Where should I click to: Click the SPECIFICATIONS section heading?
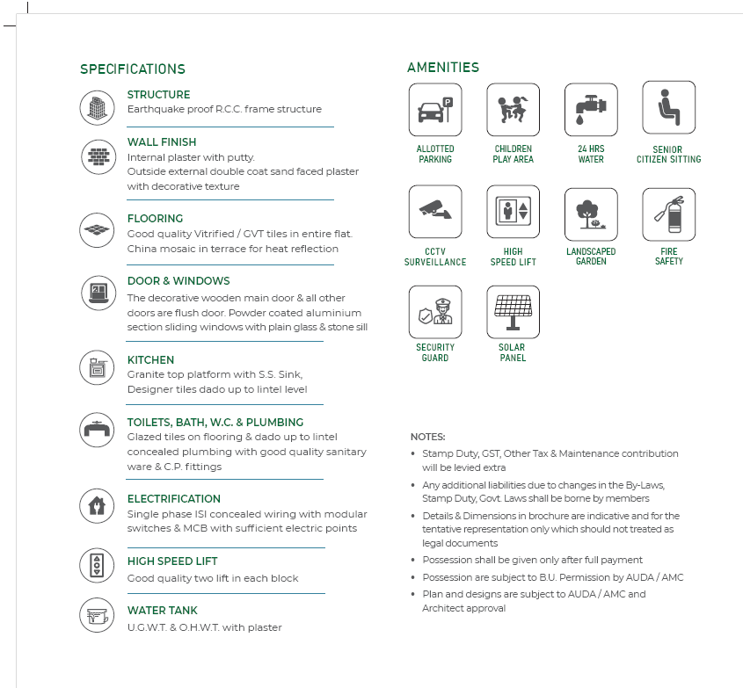133,69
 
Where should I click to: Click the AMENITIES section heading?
443,68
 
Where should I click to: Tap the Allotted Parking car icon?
435,108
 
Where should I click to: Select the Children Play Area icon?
514,108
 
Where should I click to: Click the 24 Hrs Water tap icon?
591,108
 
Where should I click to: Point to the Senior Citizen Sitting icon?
668,108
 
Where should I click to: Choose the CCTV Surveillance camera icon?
435,212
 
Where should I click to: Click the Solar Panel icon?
514,312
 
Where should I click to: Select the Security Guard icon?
435,312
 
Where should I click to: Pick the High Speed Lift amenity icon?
514,212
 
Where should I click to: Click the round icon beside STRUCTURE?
96,108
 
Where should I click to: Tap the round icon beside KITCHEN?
96,366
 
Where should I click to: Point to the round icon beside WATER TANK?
96,615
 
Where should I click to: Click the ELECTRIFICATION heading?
174,499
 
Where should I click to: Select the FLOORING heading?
155,219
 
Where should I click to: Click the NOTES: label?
428,437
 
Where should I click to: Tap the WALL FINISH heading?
162,142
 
